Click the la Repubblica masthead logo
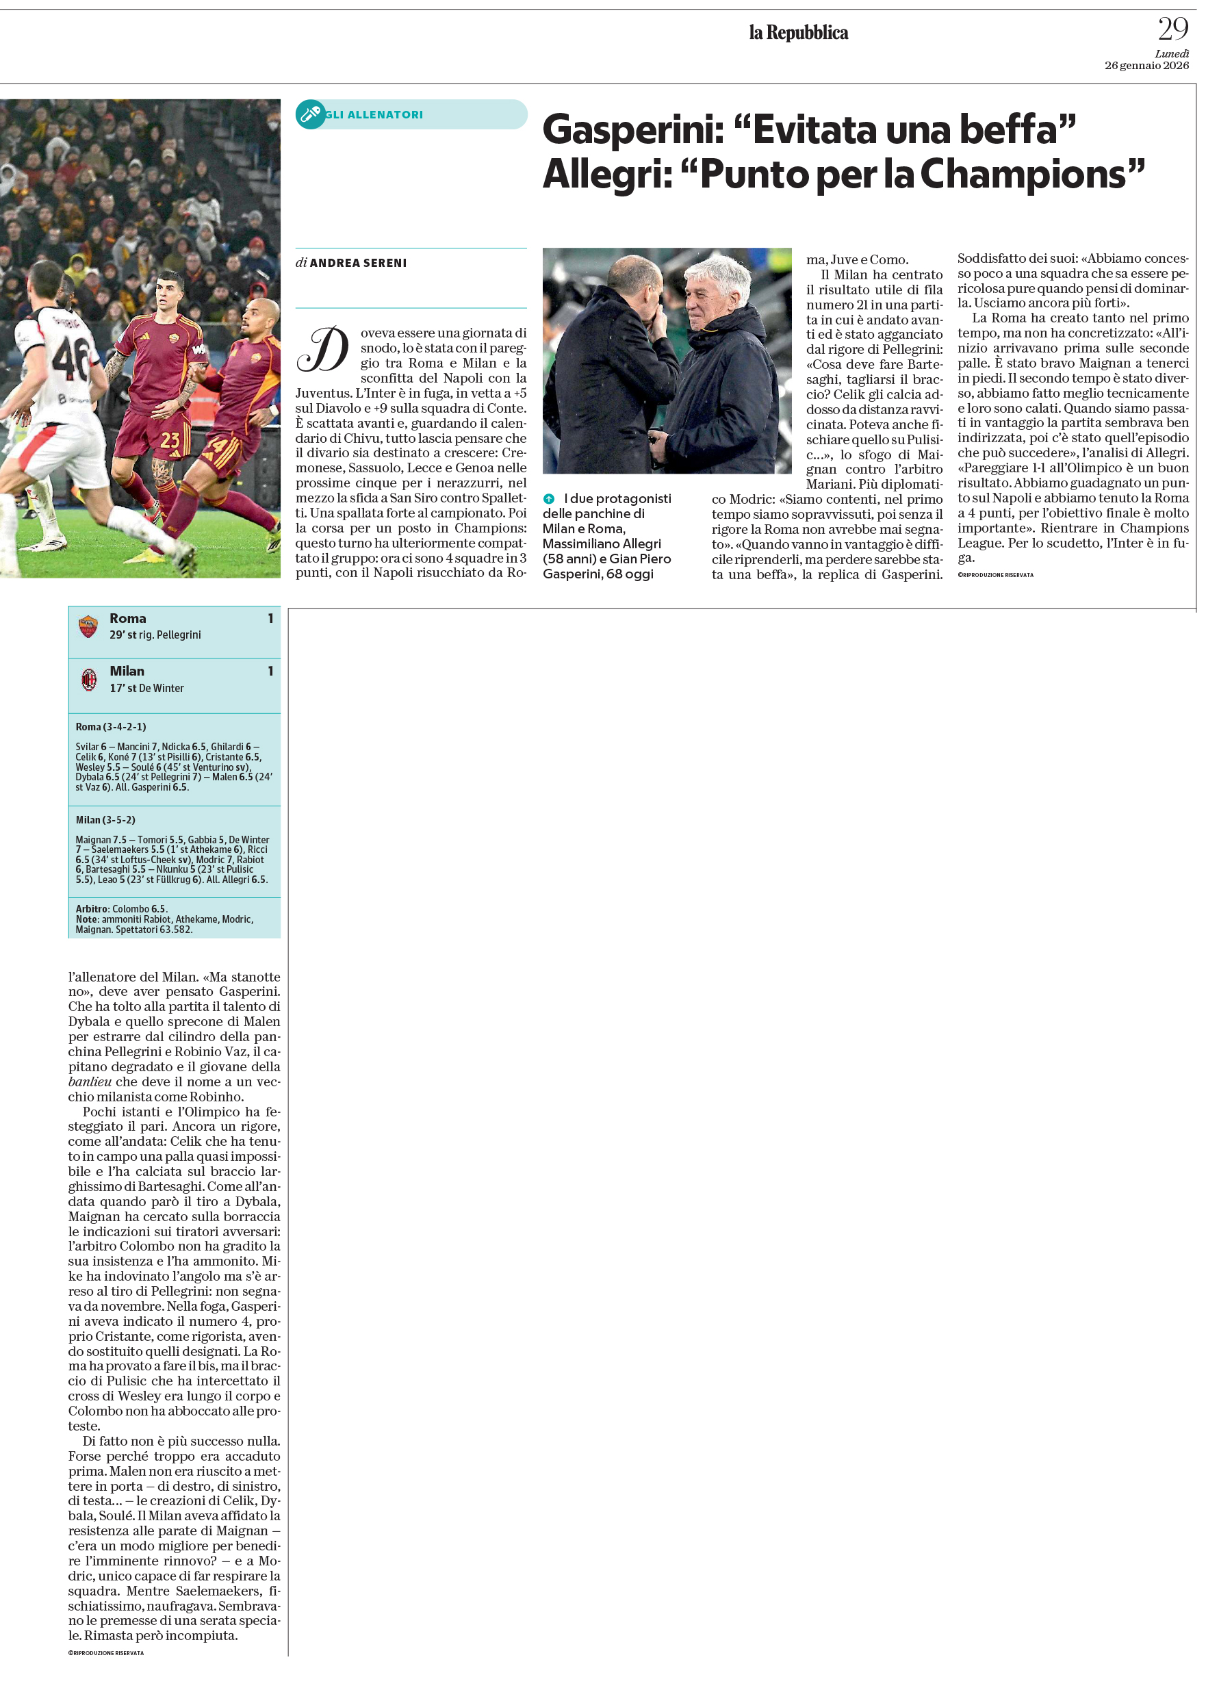[x=798, y=33]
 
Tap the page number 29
[x=1172, y=30]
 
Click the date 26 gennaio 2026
[x=1146, y=66]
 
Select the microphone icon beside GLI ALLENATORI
[x=309, y=114]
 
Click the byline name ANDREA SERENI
[x=358, y=264]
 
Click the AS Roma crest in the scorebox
[x=88, y=626]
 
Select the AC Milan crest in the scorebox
[x=89, y=680]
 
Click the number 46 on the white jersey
[x=71, y=359]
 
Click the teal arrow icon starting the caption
[x=549, y=499]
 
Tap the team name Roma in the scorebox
[x=127, y=618]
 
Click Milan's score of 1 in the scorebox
[x=271, y=671]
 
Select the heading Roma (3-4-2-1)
[x=110, y=726]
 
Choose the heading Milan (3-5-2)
[x=105, y=819]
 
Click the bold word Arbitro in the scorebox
[x=92, y=908]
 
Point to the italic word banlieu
[x=90, y=1081]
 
